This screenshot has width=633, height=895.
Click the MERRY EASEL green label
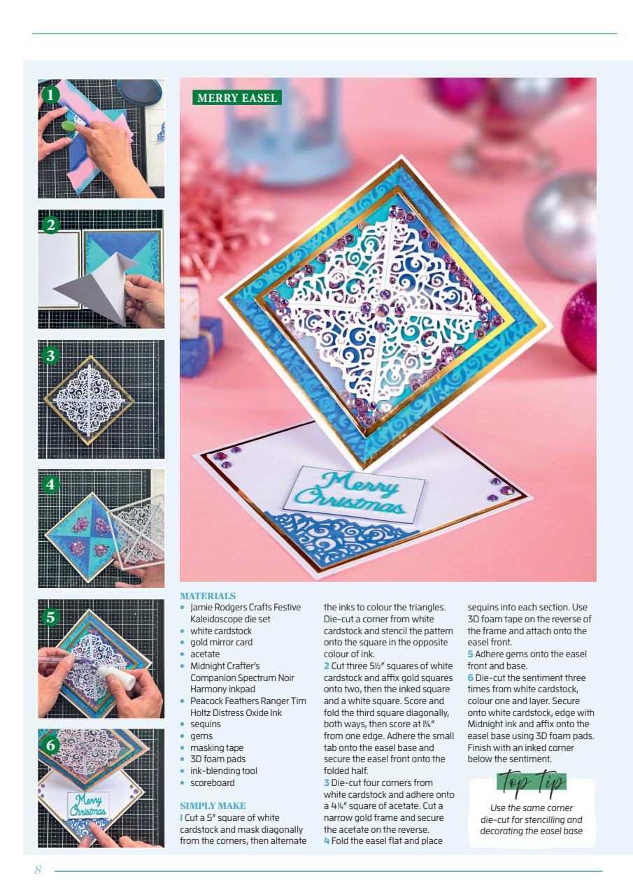pos(237,98)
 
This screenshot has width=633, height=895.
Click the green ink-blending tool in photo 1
pos(70,127)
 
